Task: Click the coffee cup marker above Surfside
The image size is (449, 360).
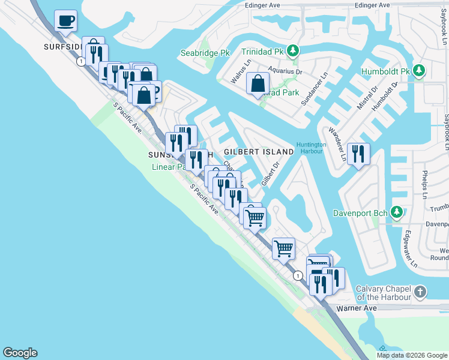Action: (65, 21)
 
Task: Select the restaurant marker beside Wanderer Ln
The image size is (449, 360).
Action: (358, 154)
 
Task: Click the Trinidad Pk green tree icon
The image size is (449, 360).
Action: (293, 51)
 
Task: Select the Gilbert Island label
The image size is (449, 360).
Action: (259, 152)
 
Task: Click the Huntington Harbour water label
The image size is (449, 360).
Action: (311, 148)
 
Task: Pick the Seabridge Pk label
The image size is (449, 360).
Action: (205, 53)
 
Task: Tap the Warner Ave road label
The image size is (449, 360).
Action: (356, 308)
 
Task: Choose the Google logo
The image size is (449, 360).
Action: (20, 353)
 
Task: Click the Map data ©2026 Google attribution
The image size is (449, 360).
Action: (412, 355)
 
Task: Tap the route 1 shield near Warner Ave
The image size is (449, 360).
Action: (298, 275)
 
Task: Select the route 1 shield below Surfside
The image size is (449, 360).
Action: (80, 61)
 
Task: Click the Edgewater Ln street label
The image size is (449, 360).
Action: (411, 248)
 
